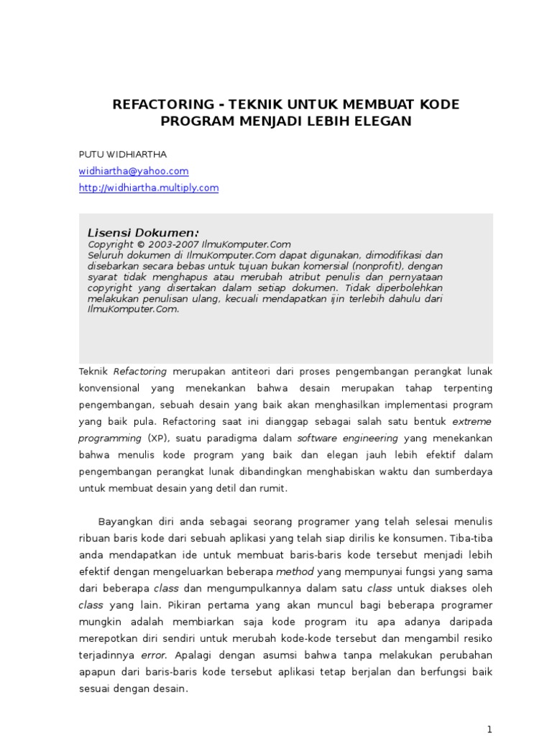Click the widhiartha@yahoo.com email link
[134, 171]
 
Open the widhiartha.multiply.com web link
[149, 188]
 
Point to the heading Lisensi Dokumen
[143, 232]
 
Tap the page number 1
[489, 729]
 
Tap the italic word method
[295, 571]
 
